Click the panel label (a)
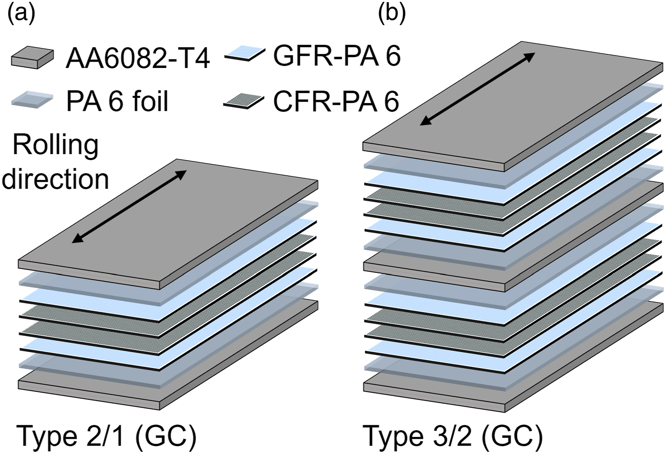21,14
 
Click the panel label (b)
392,14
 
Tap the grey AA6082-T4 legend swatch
32,58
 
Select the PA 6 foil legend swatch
32,100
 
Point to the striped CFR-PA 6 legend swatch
244,100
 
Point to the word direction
56,179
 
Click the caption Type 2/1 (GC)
107,437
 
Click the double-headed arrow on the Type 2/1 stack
129,206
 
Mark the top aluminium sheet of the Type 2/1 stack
168,222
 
